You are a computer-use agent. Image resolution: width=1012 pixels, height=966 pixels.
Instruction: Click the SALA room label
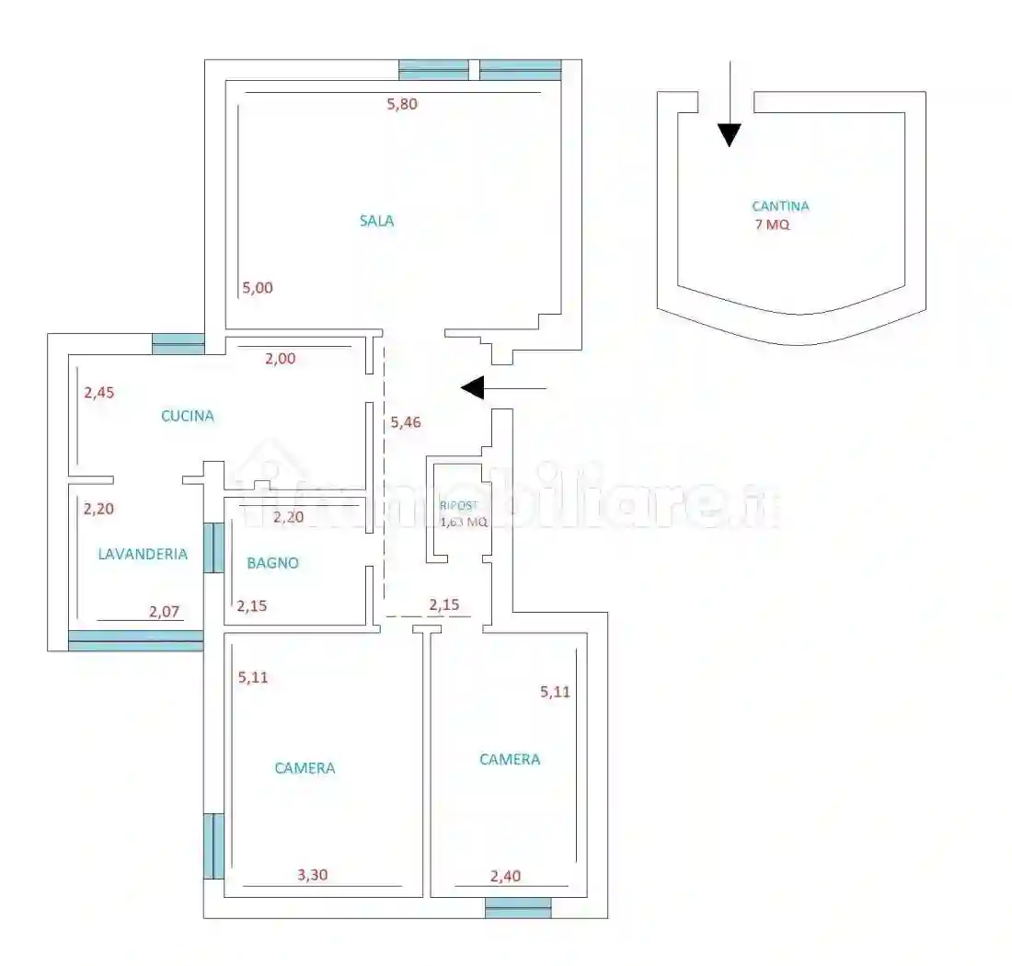click(377, 221)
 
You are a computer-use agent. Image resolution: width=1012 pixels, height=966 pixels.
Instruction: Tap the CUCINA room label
click(187, 416)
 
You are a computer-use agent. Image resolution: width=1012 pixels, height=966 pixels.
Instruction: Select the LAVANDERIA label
click(143, 554)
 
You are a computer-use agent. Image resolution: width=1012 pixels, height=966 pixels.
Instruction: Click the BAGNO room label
click(272, 563)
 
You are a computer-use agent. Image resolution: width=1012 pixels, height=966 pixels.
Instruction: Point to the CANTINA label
click(780, 206)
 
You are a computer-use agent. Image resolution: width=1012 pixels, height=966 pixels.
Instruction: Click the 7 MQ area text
click(772, 224)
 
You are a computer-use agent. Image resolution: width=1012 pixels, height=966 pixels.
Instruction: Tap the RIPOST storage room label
click(458, 506)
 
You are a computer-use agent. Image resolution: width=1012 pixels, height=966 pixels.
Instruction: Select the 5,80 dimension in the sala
click(402, 103)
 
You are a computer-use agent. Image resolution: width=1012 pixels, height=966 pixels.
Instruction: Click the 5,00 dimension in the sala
click(258, 288)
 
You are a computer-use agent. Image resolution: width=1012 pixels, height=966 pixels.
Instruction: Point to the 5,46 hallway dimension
click(406, 422)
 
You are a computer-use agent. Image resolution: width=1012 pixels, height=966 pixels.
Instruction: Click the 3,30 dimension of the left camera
click(313, 875)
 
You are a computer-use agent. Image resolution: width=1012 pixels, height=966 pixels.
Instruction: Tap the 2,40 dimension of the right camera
click(505, 877)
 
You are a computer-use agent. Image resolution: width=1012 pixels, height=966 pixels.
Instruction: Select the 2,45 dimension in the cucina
click(98, 392)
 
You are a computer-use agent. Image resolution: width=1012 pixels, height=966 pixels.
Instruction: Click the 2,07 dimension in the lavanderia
click(164, 611)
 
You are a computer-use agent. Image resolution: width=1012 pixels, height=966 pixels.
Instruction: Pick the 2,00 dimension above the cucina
click(280, 358)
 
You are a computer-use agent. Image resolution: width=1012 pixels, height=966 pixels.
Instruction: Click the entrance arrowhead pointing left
click(473, 388)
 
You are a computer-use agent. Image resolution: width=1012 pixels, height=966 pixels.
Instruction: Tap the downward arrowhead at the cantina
click(730, 135)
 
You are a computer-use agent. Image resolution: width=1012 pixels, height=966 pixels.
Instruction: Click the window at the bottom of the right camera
click(518, 907)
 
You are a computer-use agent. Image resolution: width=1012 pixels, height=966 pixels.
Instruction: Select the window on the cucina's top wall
click(178, 344)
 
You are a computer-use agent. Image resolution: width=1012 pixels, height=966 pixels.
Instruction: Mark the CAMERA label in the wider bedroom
click(305, 768)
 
